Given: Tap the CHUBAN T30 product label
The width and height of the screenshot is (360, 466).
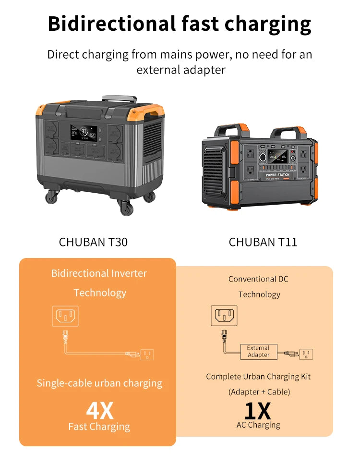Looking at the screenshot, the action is click(x=93, y=242).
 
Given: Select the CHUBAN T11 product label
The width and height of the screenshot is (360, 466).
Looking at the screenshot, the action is click(x=263, y=242).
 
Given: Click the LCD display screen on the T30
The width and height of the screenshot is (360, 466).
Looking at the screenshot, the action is click(x=84, y=132).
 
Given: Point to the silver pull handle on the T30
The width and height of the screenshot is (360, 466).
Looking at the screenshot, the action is click(x=119, y=99).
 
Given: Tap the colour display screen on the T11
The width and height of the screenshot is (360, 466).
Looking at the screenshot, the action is click(x=278, y=157).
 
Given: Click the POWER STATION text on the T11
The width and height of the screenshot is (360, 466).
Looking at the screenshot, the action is click(x=278, y=175).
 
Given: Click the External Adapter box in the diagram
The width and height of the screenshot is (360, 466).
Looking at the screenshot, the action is click(x=258, y=352).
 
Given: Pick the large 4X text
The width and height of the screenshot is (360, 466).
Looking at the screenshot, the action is click(x=100, y=410).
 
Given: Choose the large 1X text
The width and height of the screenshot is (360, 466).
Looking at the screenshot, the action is click(x=258, y=410).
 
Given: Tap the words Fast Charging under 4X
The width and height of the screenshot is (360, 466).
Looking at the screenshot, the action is click(x=99, y=427).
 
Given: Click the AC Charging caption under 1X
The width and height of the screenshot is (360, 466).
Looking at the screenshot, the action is click(x=258, y=425).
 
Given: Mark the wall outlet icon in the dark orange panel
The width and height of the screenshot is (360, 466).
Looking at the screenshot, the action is click(x=147, y=354).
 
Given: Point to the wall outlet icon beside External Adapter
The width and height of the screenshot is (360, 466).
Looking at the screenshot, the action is click(x=306, y=354).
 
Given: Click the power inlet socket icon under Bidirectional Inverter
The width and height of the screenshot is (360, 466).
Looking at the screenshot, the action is click(x=65, y=316).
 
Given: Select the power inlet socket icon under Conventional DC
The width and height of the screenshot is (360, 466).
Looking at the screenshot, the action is click(x=224, y=315).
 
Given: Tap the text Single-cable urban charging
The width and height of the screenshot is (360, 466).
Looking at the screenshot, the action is click(x=99, y=383).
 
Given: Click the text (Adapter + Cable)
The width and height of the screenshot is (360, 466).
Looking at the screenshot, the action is click(x=259, y=392).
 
